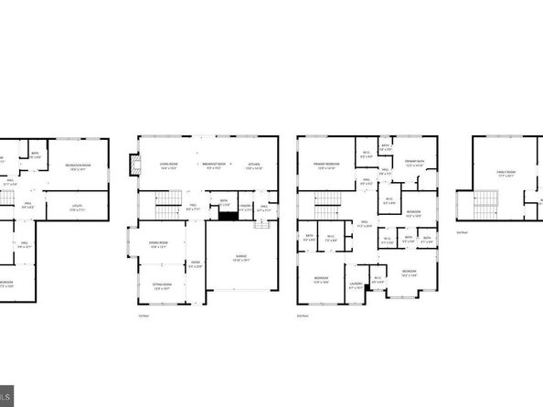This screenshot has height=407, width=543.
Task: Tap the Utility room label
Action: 77,207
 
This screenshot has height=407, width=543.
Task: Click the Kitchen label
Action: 255,166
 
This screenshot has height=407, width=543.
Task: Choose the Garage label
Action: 241,258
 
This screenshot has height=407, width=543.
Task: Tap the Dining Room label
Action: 157,242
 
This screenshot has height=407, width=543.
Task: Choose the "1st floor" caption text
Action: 143,316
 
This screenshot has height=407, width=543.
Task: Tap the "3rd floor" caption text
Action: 462,232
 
